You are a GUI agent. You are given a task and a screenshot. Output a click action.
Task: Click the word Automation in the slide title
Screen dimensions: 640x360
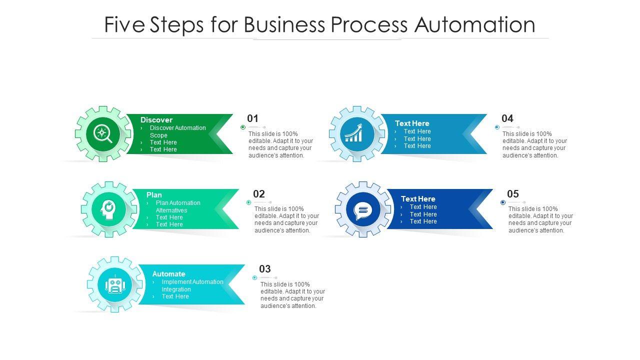tap(475, 24)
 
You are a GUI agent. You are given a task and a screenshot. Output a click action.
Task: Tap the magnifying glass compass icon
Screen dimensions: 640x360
tap(103, 133)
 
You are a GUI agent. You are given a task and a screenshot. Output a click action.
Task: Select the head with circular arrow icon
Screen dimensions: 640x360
tap(108, 209)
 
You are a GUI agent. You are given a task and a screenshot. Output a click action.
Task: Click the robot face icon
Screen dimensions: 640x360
tap(115, 284)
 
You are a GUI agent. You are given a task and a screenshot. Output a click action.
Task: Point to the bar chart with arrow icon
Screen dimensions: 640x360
tap(354, 133)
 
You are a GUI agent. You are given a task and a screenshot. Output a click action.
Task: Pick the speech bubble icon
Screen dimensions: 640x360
tap(363, 211)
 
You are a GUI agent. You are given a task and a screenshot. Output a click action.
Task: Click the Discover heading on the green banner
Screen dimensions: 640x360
tap(156, 119)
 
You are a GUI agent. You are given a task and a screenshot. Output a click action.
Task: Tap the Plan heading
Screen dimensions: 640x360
tap(154, 195)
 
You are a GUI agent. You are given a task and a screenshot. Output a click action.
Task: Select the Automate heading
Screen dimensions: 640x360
tap(168, 273)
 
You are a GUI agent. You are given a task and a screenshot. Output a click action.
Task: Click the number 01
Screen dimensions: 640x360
tap(252, 118)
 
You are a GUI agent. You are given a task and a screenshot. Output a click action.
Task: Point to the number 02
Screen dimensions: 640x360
tap(259, 193)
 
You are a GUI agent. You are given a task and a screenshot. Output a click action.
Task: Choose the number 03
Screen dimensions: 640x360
tap(265, 269)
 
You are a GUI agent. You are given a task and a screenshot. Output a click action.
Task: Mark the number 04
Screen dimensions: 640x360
tap(507, 118)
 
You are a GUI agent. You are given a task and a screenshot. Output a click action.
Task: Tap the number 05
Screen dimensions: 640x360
tap(513, 193)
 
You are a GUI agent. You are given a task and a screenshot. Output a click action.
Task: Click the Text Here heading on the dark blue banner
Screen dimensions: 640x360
tap(418, 199)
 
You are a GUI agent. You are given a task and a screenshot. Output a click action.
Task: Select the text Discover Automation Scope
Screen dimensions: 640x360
tap(177, 131)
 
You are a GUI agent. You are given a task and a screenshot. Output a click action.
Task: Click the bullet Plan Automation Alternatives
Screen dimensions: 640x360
tap(178, 206)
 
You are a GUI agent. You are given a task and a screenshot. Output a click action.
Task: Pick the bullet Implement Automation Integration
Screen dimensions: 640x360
tap(192, 285)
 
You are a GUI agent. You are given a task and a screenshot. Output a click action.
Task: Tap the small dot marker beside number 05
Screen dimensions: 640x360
tap(503, 202)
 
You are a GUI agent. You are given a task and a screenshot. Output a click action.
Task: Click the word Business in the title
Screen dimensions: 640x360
tap(284, 24)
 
